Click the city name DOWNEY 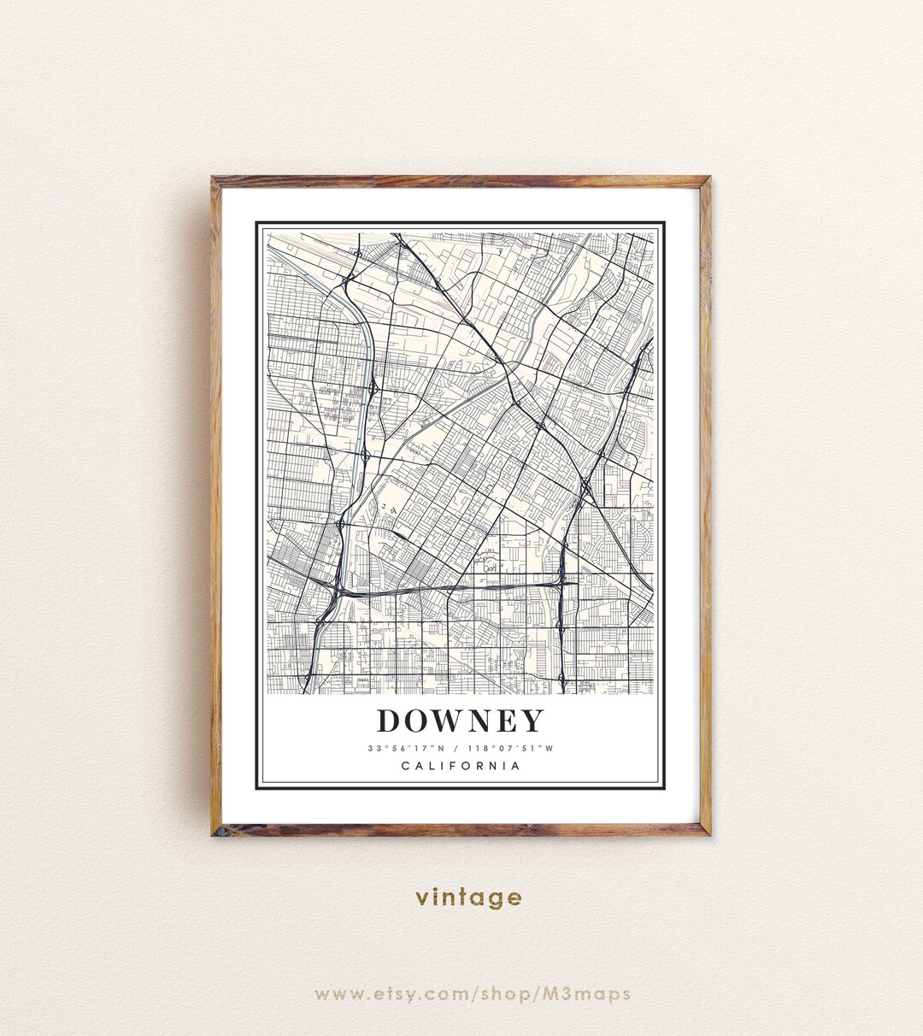(x=460, y=721)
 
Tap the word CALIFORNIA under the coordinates (x=461, y=766)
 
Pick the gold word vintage (x=468, y=898)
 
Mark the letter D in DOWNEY (x=389, y=721)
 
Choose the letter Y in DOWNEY (x=532, y=721)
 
